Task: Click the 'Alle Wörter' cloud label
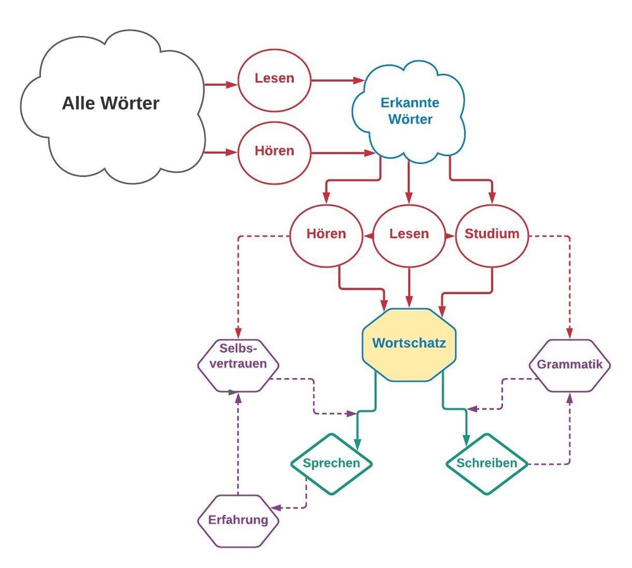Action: click(x=111, y=103)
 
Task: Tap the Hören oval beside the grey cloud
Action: click(x=274, y=152)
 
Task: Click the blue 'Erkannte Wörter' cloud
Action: click(x=410, y=111)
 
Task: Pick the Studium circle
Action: click(x=492, y=234)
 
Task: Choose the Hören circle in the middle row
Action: click(x=326, y=234)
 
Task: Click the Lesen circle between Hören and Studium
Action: click(x=409, y=234)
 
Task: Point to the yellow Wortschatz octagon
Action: click(x=409, y=344)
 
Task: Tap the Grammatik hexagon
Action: click(x=569, y=365)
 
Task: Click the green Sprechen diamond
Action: click(x=331, y=463)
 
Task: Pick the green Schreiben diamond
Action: click(x=486, y=463)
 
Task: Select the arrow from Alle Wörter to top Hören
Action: click(x=221, y=152)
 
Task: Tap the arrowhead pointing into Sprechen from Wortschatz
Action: click(x=358, y=445)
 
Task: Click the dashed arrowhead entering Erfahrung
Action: click(x=276, y=507)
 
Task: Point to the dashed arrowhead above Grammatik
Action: click(x=570, y=335)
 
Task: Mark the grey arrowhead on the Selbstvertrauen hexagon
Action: click(x=234, y=392)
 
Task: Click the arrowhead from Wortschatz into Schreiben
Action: click(x=467, y=441)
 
